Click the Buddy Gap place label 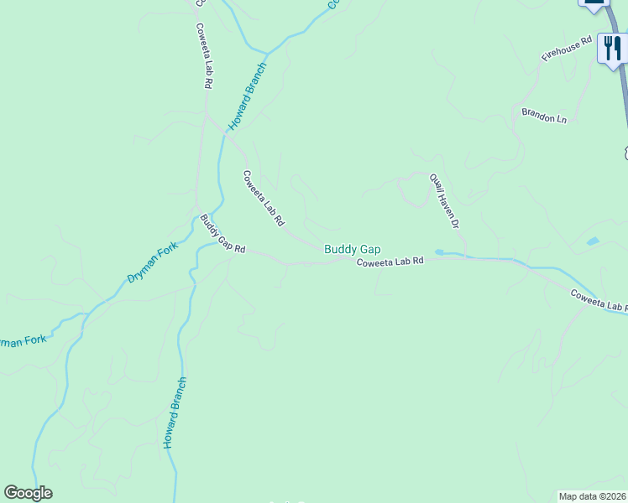353,249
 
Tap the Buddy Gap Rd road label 222,234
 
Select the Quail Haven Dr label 445,201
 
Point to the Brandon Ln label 544,116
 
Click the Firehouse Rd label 567,49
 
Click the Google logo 28,493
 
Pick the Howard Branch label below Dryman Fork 175,413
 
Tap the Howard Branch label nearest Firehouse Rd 249,95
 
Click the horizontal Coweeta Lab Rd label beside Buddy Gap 390,262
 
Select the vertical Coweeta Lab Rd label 202,56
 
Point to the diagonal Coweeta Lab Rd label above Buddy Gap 264,200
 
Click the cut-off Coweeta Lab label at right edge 598,300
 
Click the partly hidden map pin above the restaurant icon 594,4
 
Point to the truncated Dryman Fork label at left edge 23,342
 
